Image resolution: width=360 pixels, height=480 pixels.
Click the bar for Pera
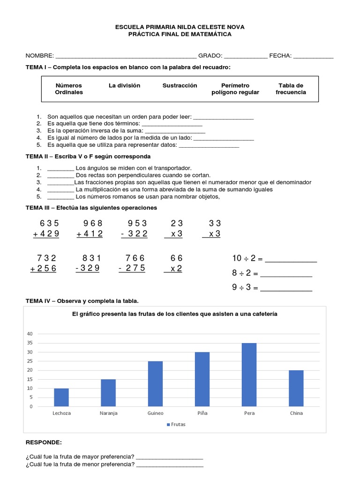[x=249, y=375]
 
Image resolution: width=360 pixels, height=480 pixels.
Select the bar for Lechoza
[x=61, y=397]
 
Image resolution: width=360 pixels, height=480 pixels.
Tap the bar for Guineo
[x=155, y=383]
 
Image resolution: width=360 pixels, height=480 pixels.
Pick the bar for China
[x=296, y=388]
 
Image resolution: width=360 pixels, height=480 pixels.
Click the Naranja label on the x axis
[x=108, y=413]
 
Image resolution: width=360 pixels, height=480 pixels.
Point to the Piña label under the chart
[x=202, y=413]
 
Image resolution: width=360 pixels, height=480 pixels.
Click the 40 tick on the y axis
[x=30, y=334]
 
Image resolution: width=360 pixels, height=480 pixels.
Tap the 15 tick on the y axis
[x=30, y=379]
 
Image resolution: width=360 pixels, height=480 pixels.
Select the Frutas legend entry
[x=176, y=425]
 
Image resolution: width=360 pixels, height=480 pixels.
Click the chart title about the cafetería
[x=174, y=314]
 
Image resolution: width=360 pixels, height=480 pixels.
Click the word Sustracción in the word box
[x=180, y=85]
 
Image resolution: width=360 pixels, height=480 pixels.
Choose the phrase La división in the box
[x=124, y=85]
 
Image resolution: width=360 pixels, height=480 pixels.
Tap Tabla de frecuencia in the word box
[x=291, y=89]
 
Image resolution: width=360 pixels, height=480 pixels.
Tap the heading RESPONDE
[x=43, y=442]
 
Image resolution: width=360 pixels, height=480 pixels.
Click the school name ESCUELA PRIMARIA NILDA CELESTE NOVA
[x=180, y=27]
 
